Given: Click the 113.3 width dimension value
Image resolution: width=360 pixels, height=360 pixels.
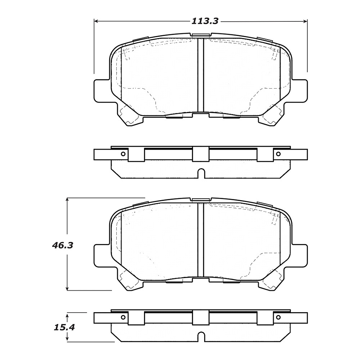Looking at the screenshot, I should [205, 21].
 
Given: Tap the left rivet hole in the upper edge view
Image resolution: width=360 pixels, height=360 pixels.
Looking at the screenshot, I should [123, 154].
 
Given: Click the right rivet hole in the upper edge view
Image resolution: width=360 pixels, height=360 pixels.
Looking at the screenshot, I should [278, 154].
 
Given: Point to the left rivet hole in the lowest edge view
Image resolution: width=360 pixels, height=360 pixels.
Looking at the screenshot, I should [123, 317].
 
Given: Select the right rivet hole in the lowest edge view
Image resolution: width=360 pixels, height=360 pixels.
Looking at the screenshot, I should [278, 317].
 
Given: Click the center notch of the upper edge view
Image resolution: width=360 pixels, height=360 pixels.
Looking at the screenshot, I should [201, 173].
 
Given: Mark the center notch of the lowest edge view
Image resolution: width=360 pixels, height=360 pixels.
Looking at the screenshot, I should [201, 337].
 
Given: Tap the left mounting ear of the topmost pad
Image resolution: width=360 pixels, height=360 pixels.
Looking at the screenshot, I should [101, 90].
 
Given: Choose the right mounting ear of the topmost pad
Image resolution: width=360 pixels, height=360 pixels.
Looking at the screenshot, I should [300, 90].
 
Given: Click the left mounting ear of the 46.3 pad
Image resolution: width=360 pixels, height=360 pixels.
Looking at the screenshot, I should [101, 255].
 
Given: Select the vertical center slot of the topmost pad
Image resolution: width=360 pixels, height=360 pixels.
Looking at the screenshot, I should [201, 75].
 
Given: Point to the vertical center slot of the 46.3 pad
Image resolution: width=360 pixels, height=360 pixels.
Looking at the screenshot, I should [201, 240].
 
